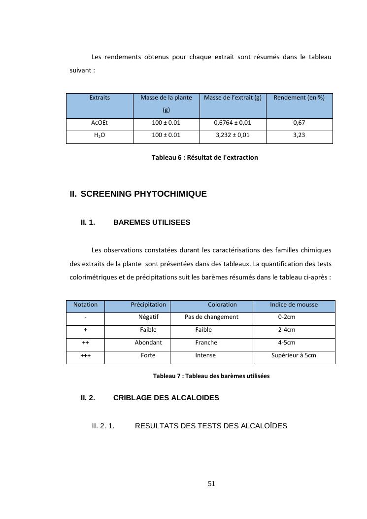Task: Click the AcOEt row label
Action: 100,122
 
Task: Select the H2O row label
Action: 100,135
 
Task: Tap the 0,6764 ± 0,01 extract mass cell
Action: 233,122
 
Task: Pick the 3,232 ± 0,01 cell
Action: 233,135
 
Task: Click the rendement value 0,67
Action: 299,122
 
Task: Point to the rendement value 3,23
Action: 299,135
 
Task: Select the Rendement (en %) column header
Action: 299,98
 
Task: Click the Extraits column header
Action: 100,98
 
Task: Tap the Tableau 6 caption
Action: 204,158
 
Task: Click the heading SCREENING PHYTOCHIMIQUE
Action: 143,194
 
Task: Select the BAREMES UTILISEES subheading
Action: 152,223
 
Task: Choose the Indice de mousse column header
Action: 294,305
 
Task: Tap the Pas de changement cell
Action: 211,317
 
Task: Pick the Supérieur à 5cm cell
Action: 294,355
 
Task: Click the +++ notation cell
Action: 85,355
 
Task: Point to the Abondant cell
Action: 148,343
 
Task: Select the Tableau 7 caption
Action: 211,376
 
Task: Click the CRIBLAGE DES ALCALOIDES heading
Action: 166,398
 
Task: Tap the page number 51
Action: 212,484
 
